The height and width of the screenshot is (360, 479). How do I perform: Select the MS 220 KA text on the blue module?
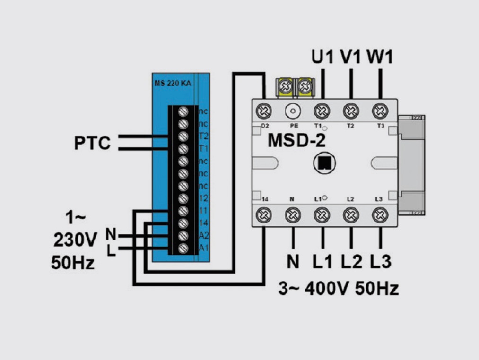(x=173, y=83)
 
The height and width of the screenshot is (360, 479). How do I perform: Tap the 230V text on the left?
(x=75, y=241)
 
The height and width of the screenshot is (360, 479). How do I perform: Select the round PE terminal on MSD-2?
(x=293, y=111)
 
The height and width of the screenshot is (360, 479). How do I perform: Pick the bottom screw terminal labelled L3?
(x=378, y=215)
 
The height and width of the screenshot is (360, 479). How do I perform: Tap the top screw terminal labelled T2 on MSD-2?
(x=350, y=111)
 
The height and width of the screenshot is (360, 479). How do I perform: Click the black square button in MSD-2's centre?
(x=323, y=163)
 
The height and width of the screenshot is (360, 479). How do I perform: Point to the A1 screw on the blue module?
(x=183, y=248)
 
